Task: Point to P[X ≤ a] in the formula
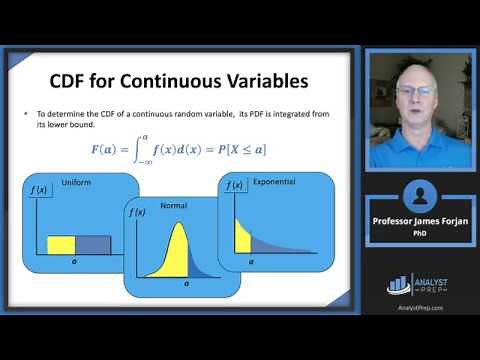[246, 150]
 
